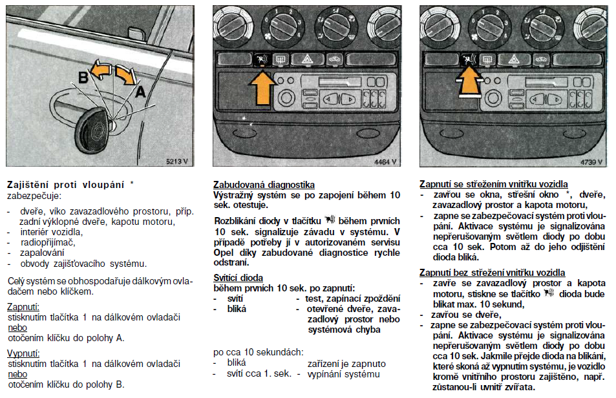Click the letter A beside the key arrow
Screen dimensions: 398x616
141,92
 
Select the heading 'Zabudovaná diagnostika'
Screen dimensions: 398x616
264,185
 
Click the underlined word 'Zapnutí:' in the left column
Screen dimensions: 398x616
23,307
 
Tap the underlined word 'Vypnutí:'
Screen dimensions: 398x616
23,353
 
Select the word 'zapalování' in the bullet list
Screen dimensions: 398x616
37,253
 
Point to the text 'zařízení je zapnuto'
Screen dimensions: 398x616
346,364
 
